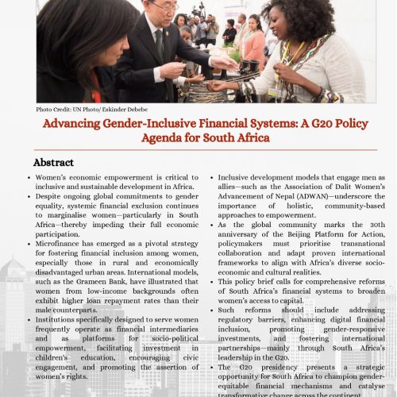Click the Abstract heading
(53, 162)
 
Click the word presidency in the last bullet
(275, 368)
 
